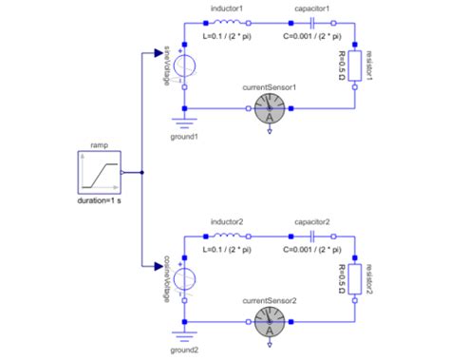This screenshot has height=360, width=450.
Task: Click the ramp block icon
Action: tap(98, 174)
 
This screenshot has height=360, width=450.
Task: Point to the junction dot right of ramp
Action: tap(142, 174)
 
